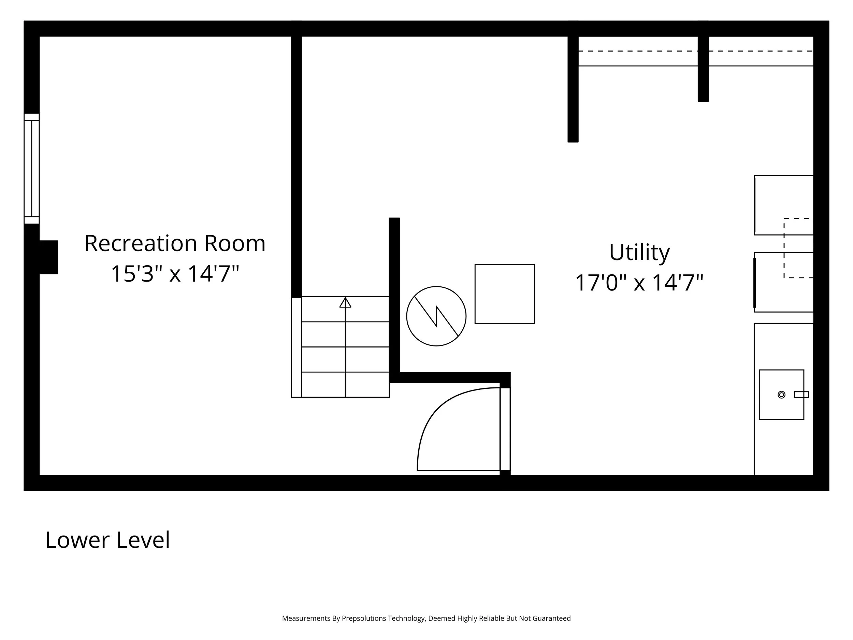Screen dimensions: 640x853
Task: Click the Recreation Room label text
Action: (175, 243)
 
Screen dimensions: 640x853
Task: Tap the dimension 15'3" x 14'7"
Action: (175, 273)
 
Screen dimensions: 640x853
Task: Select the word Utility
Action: (639, 252)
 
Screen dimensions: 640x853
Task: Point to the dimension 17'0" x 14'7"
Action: (639, 282)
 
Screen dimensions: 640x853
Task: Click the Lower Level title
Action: (107, 540)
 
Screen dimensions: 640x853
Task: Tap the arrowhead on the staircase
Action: (345, 302)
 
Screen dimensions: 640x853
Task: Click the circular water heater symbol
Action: (436, 316)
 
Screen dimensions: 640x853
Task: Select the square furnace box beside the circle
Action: (504, 294)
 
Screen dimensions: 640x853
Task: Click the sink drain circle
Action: (781, 395)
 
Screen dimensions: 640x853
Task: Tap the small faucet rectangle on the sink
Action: (801, 395)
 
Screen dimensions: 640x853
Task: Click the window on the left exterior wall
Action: (32, 169)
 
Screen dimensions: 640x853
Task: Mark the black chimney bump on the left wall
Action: (48, 257)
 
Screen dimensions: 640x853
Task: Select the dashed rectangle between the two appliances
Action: (798, 248)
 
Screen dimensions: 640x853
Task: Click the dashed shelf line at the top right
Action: (694, 51)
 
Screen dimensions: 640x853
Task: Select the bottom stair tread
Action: (345, 385)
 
